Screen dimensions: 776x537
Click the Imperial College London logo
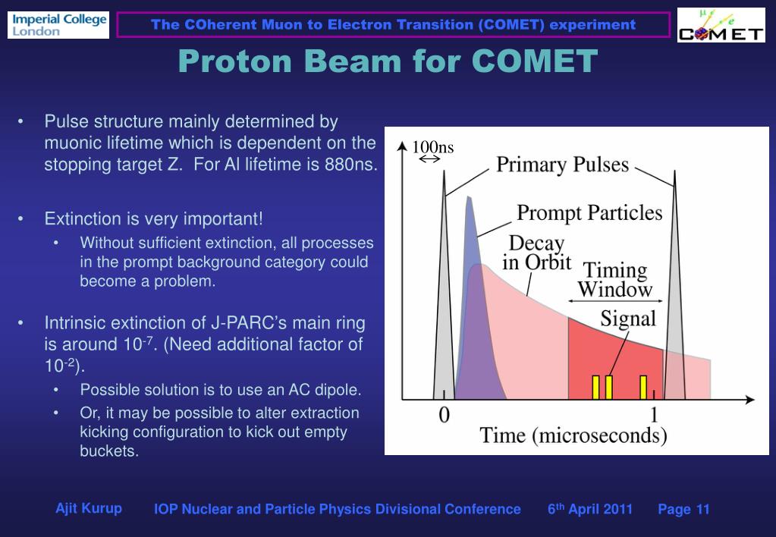tap(58, 25)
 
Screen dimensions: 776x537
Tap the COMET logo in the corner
tap(721, 25)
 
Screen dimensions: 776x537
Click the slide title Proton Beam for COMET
tap(388, 61)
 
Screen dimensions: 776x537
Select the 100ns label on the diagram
tap(433, 147)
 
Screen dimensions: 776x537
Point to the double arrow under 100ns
tap(429, 159)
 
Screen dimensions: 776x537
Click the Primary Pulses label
tap(562, 165)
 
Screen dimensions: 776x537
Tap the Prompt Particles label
tap(589, 213)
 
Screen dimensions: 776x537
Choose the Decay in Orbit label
tap(537, 253)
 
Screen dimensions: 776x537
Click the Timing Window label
tap(615, 280)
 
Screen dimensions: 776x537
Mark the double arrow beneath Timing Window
tap(615, 300)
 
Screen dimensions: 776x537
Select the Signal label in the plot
tap(628, 319)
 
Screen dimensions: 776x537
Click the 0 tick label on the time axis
tap(444, 415)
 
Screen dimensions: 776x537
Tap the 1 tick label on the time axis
tap(655, 415)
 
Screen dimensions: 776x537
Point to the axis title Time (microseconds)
tap(573, 435)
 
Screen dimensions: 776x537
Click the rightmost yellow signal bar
tap(643, 388)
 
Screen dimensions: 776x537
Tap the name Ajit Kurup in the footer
tap(89, 508)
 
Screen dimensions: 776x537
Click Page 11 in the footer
tap(683, 509)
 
